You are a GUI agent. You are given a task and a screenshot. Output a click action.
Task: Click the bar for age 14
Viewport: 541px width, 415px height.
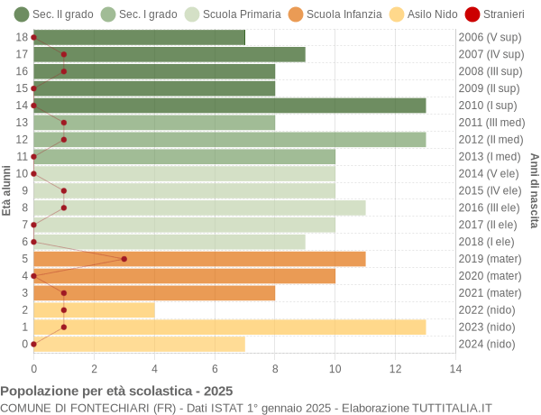(x=229, y=106)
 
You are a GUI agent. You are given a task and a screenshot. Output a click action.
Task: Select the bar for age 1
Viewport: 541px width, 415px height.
(x=229, y=327)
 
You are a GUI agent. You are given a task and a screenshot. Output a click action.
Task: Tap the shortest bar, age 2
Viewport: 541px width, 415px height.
(x=94, y=309)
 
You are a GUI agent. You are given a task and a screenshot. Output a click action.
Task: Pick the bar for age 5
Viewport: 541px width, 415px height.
(x=199, y=259)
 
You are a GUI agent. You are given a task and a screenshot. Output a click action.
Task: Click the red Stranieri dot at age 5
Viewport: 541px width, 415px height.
(x=124, y=259)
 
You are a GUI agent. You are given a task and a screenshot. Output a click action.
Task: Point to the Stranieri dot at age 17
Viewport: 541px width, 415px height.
(x=64, y=54)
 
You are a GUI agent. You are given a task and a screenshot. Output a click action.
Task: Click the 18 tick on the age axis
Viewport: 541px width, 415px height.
(x=22, y=37)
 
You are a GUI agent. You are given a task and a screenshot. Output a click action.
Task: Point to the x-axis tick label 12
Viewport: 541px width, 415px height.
(x=395, y=368)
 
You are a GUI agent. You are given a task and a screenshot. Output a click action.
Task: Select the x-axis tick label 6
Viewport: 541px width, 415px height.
(x=215, y=368)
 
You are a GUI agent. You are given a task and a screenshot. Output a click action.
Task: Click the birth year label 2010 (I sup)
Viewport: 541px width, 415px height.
(x=490, y=106)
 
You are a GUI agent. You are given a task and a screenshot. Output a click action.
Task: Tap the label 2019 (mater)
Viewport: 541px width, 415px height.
(x=490, y=259)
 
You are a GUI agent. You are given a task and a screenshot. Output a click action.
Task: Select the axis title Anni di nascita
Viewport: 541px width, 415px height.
(x=534, y=190)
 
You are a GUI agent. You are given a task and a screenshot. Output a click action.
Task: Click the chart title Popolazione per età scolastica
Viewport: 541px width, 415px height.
(x=116, y=391)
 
